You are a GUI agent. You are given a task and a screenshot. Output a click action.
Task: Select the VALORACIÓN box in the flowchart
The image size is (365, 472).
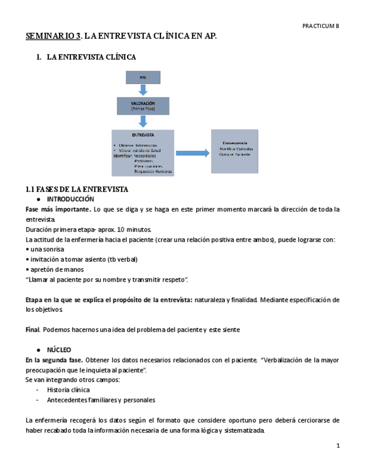(x=143, y=106)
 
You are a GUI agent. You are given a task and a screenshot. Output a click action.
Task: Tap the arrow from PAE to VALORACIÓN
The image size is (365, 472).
(x=143, y=90)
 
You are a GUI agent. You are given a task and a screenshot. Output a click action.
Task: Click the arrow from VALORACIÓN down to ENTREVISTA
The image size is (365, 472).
(x=143, y=122)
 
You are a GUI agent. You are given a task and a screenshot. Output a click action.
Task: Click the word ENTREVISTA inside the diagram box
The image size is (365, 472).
(x=143, y=135)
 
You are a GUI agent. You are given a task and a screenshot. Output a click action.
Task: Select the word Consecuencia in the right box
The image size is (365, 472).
(x=233, y=143)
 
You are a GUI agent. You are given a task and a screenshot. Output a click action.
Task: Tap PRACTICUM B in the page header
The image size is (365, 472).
(x=320, y=26)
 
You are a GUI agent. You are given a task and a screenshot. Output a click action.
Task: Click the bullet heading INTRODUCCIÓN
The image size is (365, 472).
(x=71, y=199)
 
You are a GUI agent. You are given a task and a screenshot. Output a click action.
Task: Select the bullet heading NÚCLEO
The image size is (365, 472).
(x=59, y=350)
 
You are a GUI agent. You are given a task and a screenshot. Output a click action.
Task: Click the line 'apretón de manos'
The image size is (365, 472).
(x=53, y=269)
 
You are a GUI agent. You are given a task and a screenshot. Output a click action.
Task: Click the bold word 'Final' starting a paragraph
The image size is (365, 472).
(x=32, y=330)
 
